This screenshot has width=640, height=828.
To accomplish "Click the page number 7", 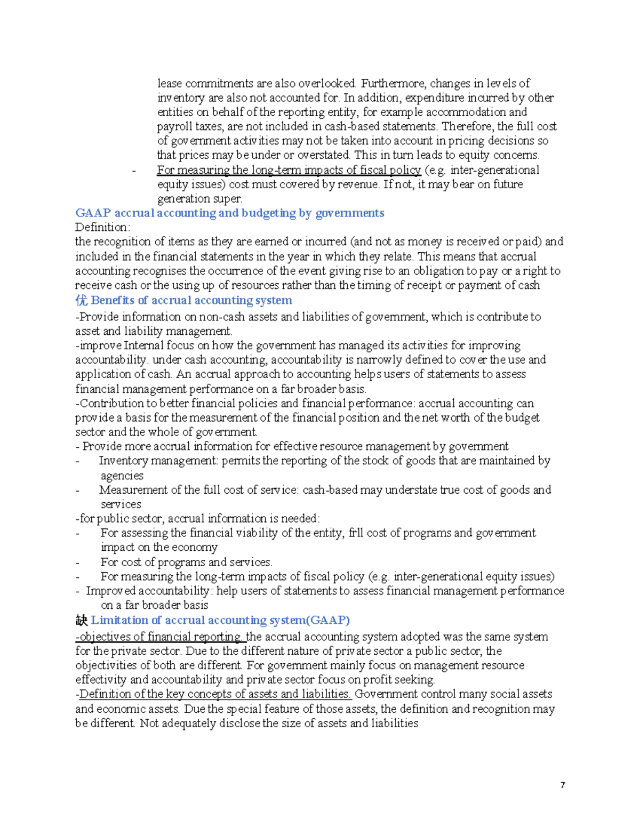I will point(563,785).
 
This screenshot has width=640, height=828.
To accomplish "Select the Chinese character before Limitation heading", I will point(81,620).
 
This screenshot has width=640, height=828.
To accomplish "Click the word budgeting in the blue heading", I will point(268,213).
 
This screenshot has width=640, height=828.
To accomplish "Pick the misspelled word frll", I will point(356,533).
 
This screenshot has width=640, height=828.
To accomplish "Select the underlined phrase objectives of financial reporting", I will point(160,637).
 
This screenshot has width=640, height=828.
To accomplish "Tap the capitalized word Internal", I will point(144,345).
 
